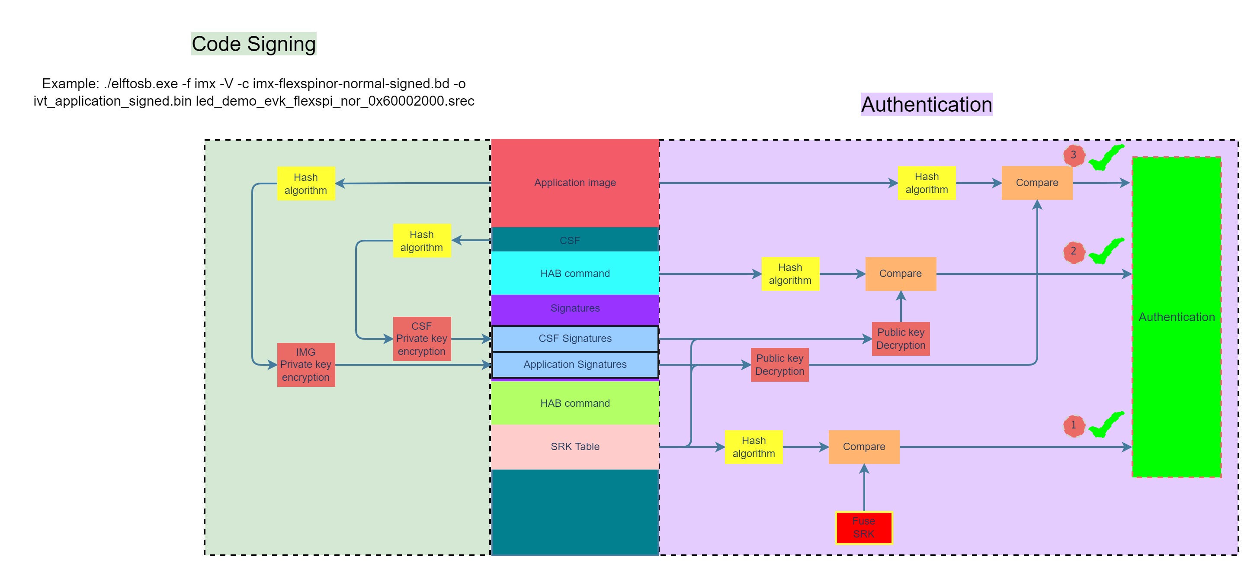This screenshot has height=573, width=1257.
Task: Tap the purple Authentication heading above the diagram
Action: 926,104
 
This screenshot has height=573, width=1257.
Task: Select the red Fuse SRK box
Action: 863,527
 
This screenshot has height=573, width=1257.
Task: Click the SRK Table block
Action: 575,447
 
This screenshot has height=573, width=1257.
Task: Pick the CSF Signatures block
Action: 575,338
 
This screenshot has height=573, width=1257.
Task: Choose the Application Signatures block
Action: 575,364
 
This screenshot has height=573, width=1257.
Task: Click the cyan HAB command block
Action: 575,274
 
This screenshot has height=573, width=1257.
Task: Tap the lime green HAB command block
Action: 575,403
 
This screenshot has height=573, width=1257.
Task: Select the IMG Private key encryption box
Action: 306,364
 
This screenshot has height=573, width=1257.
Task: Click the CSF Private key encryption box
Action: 422,339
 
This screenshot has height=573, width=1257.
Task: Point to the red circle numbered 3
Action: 1073,155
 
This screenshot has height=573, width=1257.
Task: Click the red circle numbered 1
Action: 1073,425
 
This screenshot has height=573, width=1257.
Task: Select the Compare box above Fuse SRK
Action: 864,447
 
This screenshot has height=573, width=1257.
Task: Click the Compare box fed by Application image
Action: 1036,183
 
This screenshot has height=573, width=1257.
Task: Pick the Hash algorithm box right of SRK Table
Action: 754,447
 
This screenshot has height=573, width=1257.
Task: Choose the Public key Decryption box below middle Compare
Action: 900,339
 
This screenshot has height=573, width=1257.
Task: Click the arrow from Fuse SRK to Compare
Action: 864,488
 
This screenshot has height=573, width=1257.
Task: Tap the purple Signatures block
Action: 575,308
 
